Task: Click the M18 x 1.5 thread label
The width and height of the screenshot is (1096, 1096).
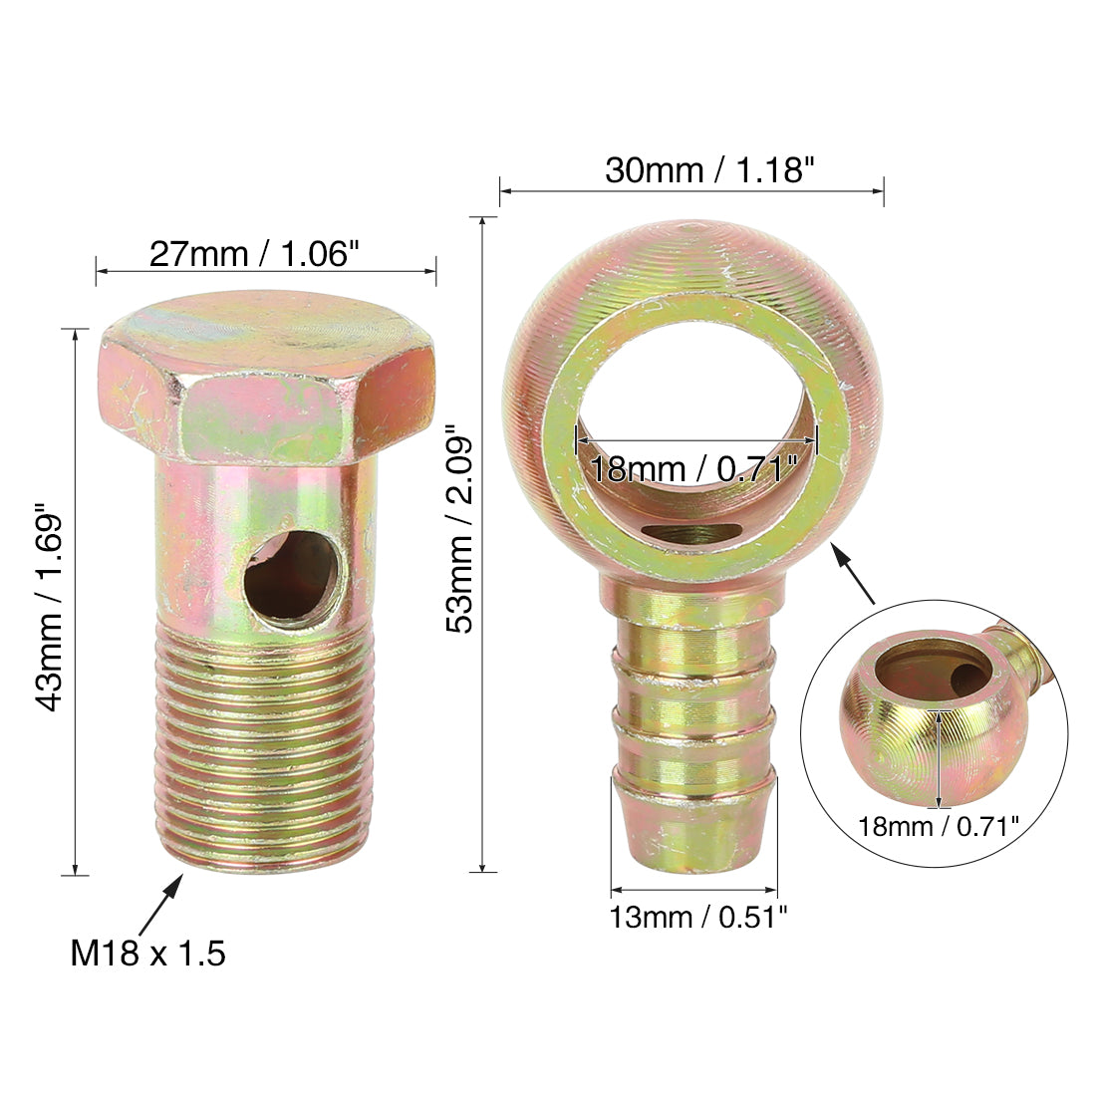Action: [x=148, y=954]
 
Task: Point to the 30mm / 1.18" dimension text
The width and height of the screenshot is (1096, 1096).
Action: [x=710, y=169]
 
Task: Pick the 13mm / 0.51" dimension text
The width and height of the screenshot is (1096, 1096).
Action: [x=698, y=917]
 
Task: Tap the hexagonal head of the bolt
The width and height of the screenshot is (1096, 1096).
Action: [x=266, y=378]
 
